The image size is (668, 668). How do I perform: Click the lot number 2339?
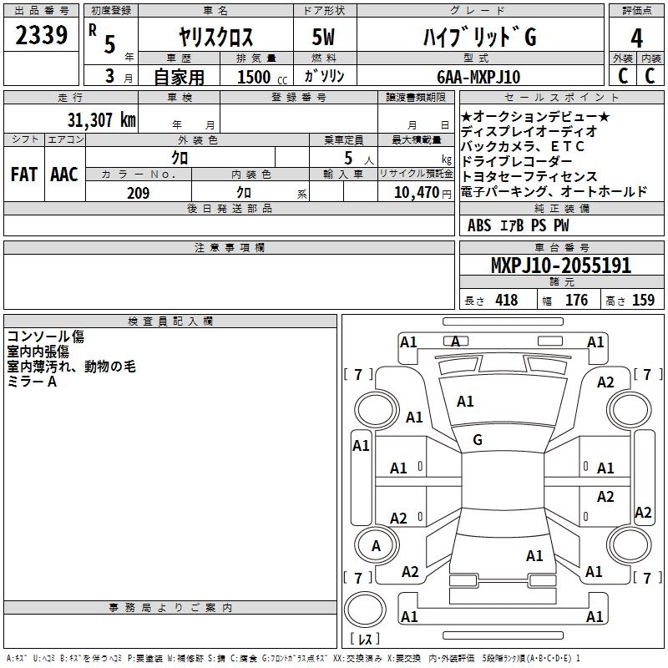click(x=41, y=35)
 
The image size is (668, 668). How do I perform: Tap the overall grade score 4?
click(x=636, y=38)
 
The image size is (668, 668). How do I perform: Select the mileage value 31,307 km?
click(x=101, y=120)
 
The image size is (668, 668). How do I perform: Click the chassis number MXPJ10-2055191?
click(x=561, y=266)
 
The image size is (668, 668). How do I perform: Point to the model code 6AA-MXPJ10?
click(x=478, y=77)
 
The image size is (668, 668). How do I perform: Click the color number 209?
click(x=138, y=193)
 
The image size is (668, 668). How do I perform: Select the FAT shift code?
click(x=24, y=175)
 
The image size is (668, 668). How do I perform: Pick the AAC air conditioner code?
click(x=64, y=175)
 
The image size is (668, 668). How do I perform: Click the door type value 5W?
click(x=323, y=37)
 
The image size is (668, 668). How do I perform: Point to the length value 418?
click(x=507, y=300)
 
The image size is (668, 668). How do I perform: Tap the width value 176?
click(x=576, y=300)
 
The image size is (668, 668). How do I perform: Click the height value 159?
click(x=643, y=300)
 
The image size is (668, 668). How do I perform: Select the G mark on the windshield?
click(x=478, y=440)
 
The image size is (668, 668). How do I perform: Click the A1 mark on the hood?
click(x=465, y=402)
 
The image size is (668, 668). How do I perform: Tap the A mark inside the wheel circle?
click(x=376, y=546)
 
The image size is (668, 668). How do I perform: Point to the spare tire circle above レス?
click(x=365, y=609)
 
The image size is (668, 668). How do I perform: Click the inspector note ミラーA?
click(x=32, y=382)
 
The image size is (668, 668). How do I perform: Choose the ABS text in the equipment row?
click(x=479, y=225)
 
